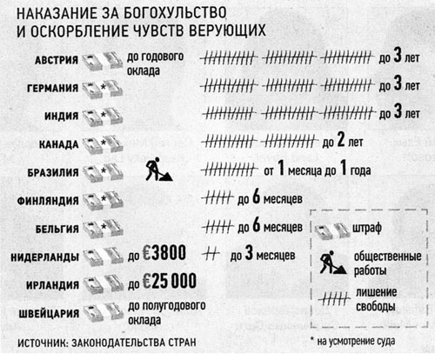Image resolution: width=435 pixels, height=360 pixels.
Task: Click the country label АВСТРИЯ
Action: click(57, 60)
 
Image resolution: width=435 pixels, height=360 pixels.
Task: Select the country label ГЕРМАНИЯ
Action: click(52, 88)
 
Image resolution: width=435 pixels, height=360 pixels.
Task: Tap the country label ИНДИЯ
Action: click(61, 116)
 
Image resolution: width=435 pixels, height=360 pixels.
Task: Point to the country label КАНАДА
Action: click(58, 144)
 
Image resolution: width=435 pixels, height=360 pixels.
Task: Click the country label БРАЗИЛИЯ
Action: click(53, 172)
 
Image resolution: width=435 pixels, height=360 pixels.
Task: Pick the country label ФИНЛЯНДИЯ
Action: click(48, 201)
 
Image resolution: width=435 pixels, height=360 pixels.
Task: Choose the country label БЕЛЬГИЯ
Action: click(57, 229)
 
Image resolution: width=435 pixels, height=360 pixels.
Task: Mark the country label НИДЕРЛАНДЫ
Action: click(45, 257)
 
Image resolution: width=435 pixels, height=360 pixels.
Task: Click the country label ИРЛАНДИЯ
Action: click(52, 285)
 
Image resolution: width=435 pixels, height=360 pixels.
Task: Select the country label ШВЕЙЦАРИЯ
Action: click(49, 314)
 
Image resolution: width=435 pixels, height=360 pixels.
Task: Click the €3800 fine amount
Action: click(164, 253)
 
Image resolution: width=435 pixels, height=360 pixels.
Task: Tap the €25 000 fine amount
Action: click(170, 281)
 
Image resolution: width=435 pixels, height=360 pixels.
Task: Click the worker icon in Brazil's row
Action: click(158, 170)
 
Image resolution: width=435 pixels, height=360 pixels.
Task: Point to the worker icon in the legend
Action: click(333, 263)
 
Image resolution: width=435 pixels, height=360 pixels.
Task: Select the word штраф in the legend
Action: click(367, 229)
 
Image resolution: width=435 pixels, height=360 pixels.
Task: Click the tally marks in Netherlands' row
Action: click(211, 255)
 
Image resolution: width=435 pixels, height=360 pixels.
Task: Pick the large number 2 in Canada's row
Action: click(340, 140)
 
